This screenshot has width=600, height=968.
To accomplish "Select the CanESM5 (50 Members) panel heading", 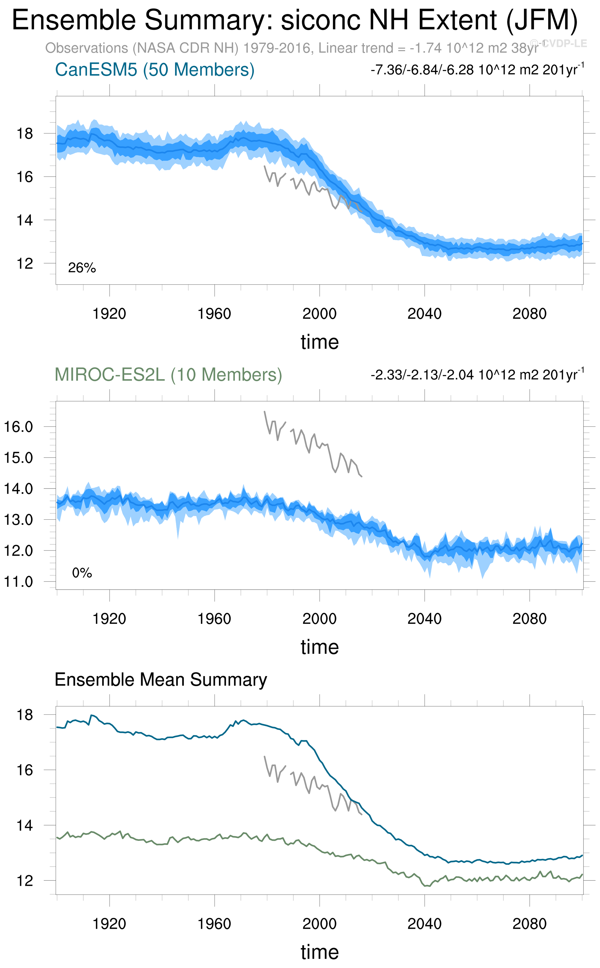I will click(155, 70).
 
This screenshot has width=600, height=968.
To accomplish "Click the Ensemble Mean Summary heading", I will click(161, 679).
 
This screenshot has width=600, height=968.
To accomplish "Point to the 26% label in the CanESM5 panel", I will click(82, 268).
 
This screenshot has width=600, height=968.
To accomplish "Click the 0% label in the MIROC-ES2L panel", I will click(82, 573).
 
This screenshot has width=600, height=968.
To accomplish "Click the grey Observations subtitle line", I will click(292, 48).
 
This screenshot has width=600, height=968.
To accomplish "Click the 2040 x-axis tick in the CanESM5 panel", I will click(424, 314).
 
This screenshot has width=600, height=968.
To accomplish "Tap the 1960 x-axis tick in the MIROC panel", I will click(214, 619).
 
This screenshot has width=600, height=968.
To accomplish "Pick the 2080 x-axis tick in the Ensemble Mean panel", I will click(529, 924).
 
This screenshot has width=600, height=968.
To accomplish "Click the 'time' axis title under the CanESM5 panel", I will click(319, 342).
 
